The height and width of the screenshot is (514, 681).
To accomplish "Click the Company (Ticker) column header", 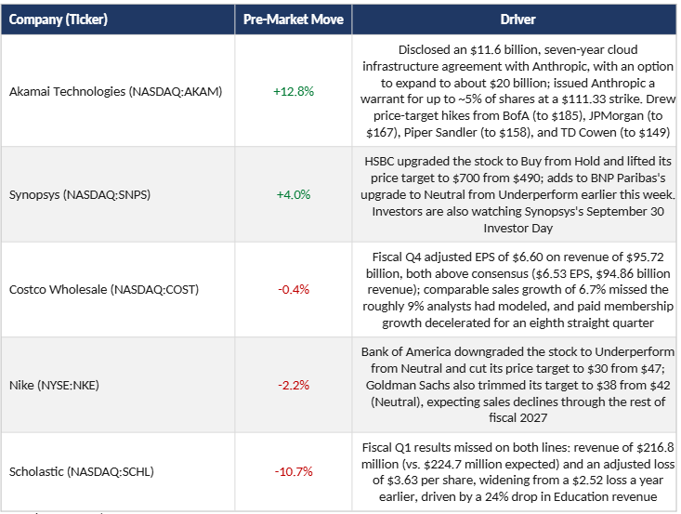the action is (59, 20).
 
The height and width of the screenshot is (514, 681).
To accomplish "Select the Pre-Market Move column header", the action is (294, 20).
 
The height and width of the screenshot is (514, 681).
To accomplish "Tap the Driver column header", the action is (517, 20).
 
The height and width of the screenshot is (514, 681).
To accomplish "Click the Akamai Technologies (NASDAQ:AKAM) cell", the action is (115, 91).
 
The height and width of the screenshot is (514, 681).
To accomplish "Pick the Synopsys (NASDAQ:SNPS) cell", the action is (80, 194).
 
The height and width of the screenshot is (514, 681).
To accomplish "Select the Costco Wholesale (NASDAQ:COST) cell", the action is (104, 289).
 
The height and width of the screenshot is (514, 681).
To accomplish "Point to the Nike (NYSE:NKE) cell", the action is (54, 385).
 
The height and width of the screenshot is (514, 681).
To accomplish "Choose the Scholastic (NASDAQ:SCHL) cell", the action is (81, 471).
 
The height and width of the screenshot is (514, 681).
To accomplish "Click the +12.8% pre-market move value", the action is (294, 91).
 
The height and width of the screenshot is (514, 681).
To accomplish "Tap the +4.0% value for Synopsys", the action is (294, 194).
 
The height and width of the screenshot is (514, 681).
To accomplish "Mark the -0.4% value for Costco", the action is (294, 289).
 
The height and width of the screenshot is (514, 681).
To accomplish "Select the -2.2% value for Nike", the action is (294, 385).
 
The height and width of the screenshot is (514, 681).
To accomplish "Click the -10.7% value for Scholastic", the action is (294, 471).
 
